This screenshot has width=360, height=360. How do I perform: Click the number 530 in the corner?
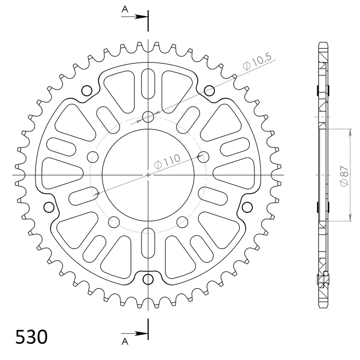click(31, 337)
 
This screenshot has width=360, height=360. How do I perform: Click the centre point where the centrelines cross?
click(148, 175)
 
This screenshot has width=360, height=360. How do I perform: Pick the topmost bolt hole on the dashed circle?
click(148, 117)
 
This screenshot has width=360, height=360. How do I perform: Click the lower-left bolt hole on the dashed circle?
click(114, 221)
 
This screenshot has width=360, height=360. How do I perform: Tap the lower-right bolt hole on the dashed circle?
click(183, 221)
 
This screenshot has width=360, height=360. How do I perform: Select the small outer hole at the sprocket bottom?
click(148, 279)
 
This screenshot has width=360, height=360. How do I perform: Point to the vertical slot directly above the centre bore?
click(148, 83)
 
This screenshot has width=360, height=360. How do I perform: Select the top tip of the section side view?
click(324, 43)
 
